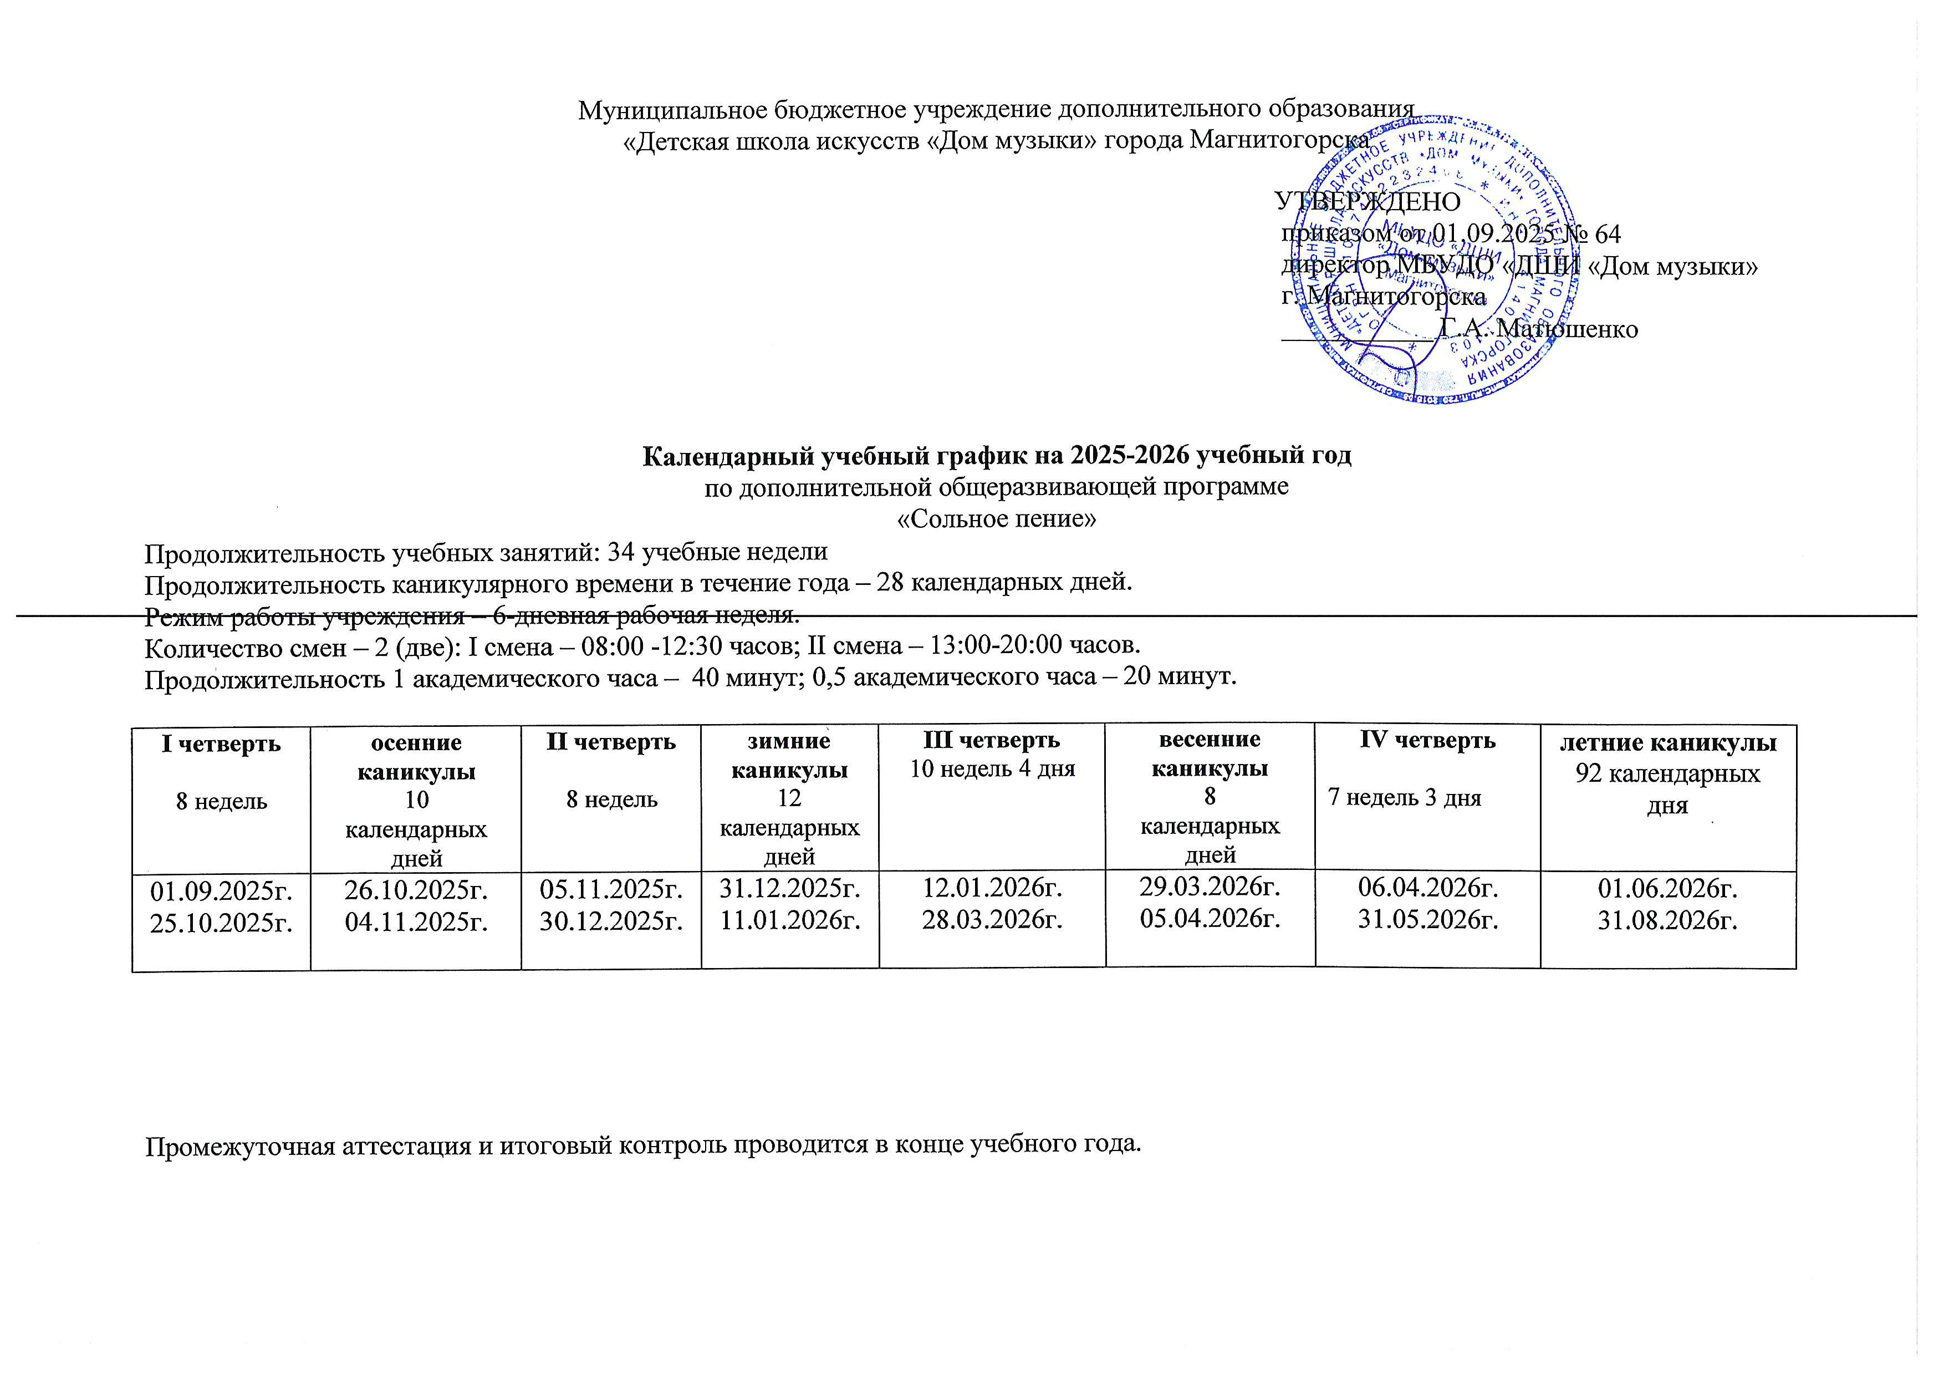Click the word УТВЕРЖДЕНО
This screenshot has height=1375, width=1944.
click(1368, 201)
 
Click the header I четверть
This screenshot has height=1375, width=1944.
click(221, 743)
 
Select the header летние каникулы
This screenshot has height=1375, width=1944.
click(1667, 743)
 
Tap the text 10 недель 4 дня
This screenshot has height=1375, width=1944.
click(992, 769)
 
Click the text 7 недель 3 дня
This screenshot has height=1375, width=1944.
click(1404, 798)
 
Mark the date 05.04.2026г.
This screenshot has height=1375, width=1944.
click(1210, 917)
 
